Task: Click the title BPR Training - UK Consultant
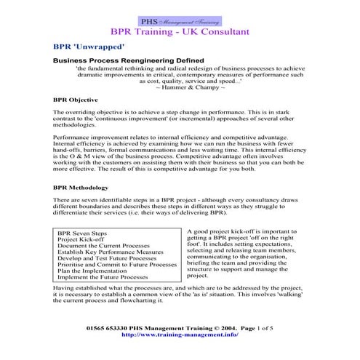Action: (180, 33)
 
